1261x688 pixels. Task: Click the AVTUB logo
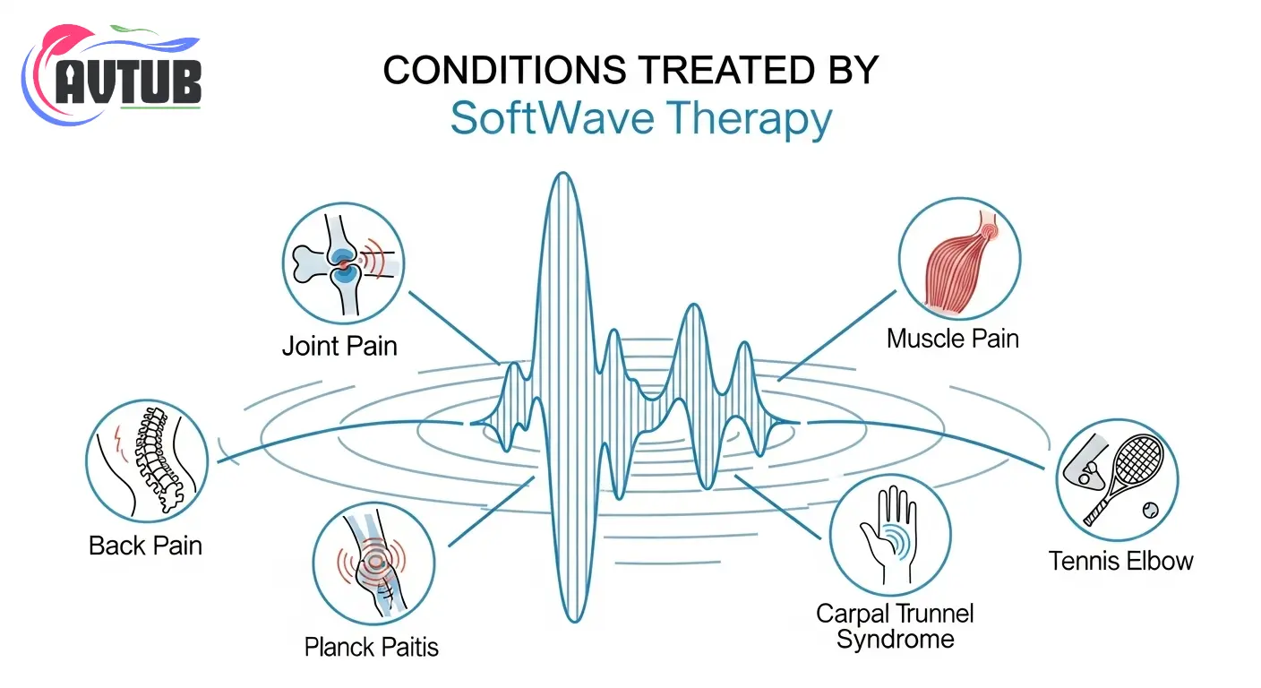111,75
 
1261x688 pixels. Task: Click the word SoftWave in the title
553,118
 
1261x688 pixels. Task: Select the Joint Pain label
339,346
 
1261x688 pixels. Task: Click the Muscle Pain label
953,339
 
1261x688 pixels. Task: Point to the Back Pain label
145,546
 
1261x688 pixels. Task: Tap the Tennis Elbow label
1120,561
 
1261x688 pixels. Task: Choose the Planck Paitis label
371,647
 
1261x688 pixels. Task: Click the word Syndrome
895,640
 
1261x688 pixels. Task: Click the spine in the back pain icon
157,459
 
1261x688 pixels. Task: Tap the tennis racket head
1138,459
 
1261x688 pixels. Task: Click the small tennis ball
1150,510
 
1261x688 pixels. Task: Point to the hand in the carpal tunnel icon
889,534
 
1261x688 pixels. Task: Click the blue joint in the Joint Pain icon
345,264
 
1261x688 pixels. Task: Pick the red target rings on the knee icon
372,560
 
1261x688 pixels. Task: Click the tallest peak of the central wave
563,174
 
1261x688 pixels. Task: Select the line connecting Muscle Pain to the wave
836,336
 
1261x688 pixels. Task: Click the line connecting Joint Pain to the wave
454,328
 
